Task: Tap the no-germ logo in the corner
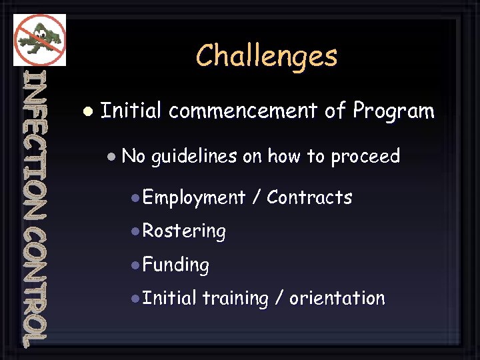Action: pyautogui.click(x=40, y=39)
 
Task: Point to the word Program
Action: pyautogui.click(x=393, y=111)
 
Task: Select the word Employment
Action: pyautogui.click(x=194, y=198)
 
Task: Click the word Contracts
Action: pyautogui.click(x=309, y=197)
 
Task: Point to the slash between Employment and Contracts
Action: pyautogui.click(x=257, y=198)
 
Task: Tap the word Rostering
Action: pyautogui.click(x=184, y=231)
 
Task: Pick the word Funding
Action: pyautogui.click(x=176, y=265)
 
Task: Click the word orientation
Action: pyautogui.click(x=337, y=298)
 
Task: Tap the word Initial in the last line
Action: pyautogui.click(x=169, y=298)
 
